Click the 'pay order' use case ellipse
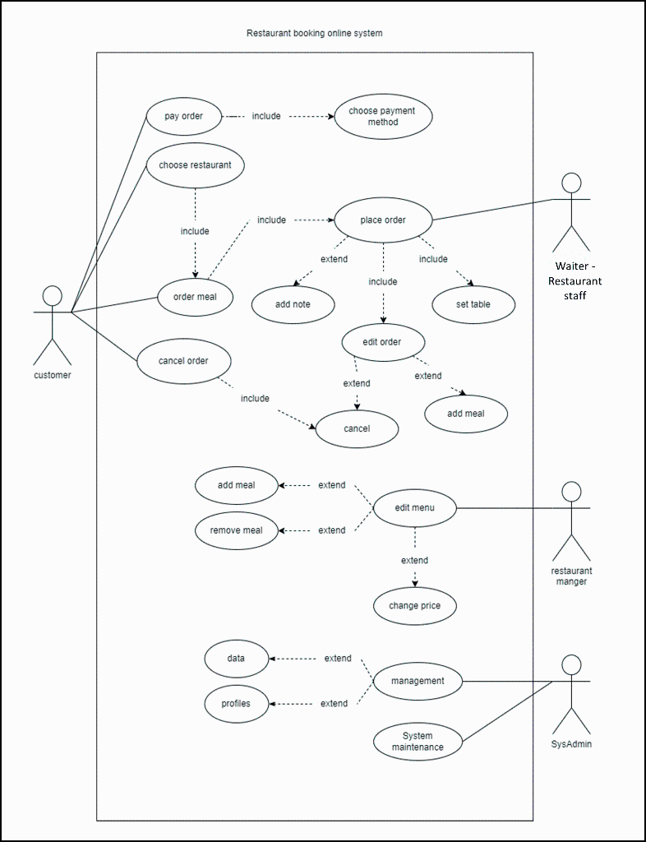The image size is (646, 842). [184, 116]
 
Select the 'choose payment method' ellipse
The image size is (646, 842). [382, 116]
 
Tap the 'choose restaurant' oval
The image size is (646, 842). [195, 164]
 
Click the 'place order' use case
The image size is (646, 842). [383, 220]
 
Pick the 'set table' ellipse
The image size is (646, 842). [473, 304]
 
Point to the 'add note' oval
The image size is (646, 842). [293, 304]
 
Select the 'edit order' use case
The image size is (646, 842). [382, 341]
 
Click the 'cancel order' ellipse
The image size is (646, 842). [183, 361]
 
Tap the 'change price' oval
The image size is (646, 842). [414, 606]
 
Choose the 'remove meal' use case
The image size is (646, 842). [237, 530]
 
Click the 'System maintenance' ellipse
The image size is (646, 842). [418, 742]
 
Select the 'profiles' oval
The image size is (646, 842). [236, 704]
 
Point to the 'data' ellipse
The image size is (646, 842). [236, 659]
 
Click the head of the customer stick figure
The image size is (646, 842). [53, 296]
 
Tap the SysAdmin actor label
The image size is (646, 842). [571, 744]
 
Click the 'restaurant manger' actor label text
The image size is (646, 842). [571, 576]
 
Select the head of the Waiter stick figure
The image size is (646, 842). [571, 183]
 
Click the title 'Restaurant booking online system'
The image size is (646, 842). [314, 33]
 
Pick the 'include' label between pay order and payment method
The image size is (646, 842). [266, 116]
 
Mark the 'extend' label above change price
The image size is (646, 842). [414, 560]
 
